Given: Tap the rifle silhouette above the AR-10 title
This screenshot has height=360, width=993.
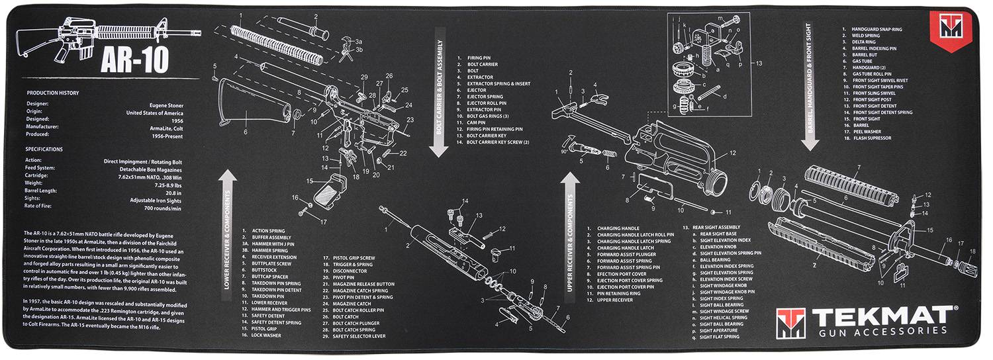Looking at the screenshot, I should pos(107,31).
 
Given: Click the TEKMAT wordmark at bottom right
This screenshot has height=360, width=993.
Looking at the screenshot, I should pos(882,315).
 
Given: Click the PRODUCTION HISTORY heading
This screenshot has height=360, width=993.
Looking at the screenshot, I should pos(52,93).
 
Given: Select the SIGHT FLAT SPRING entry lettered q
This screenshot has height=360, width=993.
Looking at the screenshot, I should pos(722,337).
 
